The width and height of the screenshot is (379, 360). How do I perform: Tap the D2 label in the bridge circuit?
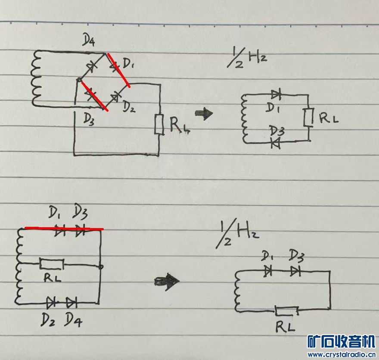[x=129, y=106]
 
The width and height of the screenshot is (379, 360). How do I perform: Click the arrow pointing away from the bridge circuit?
[x=204, y=114]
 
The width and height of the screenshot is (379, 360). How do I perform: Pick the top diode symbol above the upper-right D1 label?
[x=276, y=94]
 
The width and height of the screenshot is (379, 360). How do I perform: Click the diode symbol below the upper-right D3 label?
[x=274, y=144]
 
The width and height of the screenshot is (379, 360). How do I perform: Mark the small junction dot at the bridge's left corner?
[x=79, y=80]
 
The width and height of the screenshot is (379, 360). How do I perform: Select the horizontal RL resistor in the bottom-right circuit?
[x=286, y=310]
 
